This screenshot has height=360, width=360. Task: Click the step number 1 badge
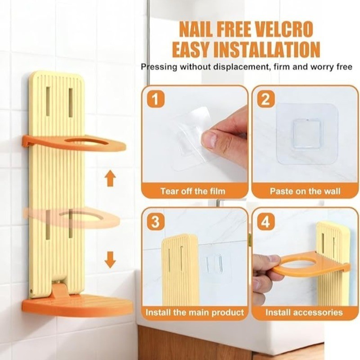[156, 99]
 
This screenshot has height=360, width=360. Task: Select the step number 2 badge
[266, 99]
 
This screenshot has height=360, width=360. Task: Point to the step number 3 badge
[156, 221]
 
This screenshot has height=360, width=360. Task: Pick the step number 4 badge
[266, 221]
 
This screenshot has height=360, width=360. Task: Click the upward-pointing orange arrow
[110, 178]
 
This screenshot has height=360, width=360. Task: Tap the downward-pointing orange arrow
[110, 260]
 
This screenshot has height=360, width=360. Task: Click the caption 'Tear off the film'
[193, 191]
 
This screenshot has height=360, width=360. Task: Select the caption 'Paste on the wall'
[305, 191]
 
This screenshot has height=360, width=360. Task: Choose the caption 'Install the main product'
[195, 312]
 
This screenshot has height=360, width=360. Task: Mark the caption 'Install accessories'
[304, 312]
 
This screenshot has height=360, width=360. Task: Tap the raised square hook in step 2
[306, 134]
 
